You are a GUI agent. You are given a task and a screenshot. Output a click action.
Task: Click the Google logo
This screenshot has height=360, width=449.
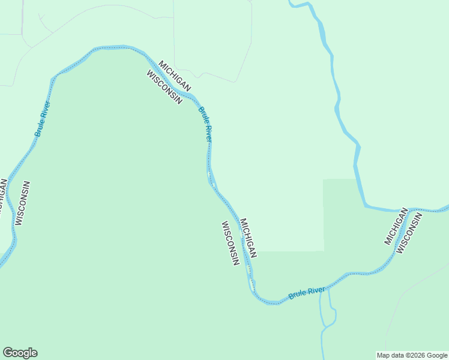tap(20, 353)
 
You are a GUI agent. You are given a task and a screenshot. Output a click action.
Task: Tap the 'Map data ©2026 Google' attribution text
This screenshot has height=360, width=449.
tap(412, 355)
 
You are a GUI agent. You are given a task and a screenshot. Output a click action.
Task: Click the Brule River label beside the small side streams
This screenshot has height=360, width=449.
tap(307, 293)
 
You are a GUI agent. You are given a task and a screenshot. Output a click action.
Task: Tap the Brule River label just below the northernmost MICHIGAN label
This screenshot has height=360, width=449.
tap(205, 124)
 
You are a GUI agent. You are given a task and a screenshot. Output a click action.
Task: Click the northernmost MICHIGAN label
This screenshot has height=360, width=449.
tap(175, 76)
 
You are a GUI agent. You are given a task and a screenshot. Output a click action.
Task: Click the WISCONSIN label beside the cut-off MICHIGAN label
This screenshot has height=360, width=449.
tap(23, 203)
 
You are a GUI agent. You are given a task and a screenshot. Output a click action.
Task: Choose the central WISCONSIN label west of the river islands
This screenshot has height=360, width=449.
tap(231, 243)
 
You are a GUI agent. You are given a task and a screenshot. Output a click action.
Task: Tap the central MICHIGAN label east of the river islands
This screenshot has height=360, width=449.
tap(249, 238)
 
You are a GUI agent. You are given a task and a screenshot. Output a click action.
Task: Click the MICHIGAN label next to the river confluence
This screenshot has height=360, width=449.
tap(396, 226)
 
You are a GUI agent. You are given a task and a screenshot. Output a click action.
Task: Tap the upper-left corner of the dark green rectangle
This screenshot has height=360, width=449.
tap(324, 179)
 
